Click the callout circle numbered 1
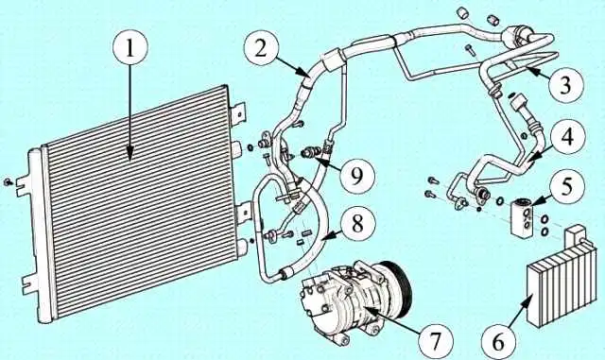[130, 50]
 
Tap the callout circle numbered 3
[564, 84]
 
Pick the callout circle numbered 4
[568, 136]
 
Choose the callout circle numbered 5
[566, 186]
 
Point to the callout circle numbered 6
[498, 341]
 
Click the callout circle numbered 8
[358, 224]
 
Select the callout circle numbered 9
[357, 175]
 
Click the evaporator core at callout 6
[559, 284]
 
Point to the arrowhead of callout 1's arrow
[130, 155]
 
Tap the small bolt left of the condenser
[8, 181]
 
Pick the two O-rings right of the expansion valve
[544, 225]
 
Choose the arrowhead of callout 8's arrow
[323, 239]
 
